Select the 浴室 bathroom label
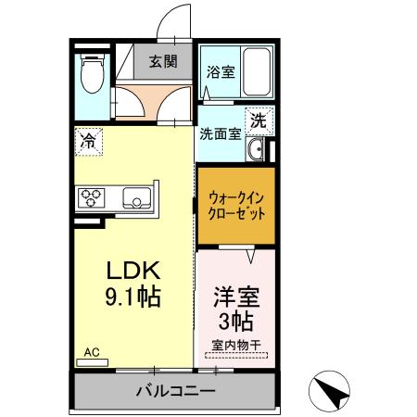219,71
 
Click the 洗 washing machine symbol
259,120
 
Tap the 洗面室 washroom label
221,133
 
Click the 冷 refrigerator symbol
89,142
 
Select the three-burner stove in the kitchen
93,196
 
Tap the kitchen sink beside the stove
137,196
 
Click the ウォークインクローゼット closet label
235,204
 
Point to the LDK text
133,271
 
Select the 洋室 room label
235,298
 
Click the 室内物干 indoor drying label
235,346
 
